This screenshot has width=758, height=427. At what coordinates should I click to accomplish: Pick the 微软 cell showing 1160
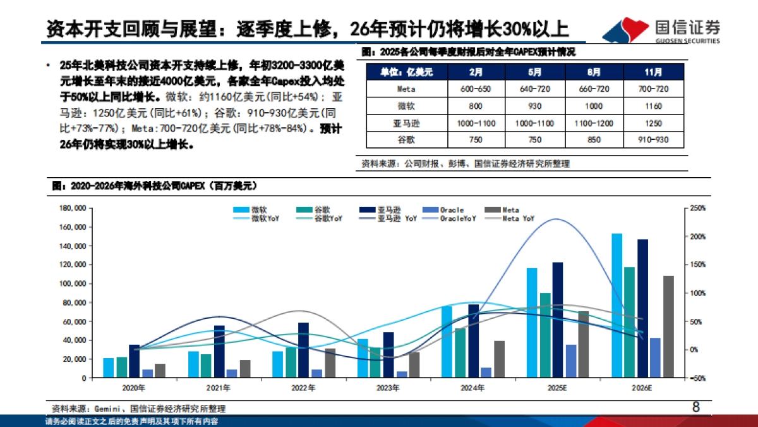coord(653,106)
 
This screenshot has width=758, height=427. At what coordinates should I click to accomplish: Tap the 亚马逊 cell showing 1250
coord(653,123)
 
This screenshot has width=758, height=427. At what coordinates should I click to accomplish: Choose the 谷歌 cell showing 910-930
coord(653,140)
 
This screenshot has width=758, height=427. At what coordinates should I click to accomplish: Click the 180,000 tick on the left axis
coord(71,208)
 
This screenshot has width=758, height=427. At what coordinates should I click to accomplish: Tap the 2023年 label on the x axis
coord(388,387)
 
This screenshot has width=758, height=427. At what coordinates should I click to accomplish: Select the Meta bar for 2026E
coord(668,326)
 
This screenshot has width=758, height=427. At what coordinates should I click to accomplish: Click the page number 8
coord(695,407)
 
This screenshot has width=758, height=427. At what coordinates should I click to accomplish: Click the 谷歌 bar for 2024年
coord(460,352)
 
